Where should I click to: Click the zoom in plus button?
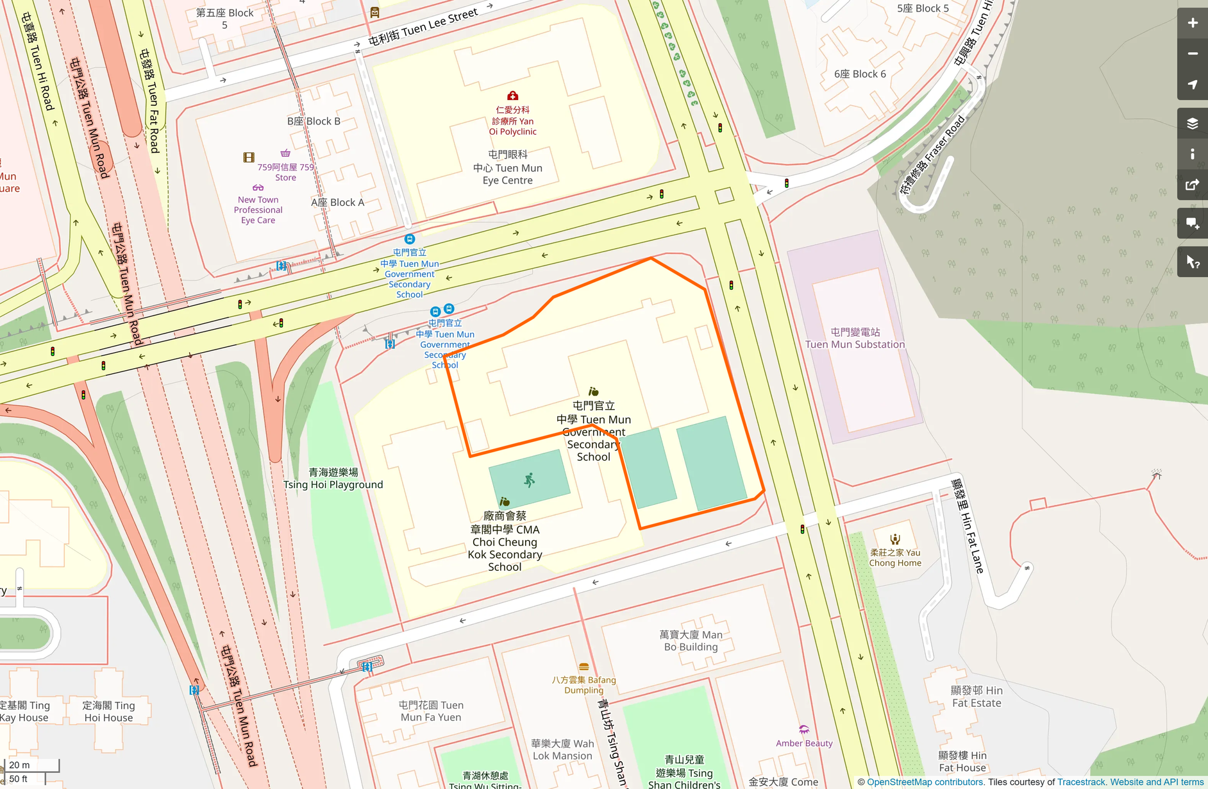(x=1192, y=23)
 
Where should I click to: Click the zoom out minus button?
(x=1192, y=54)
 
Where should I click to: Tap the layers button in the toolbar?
(x=1192, y=123)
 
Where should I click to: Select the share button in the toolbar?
(x=1192, y=185)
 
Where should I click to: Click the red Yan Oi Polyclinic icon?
(x=512, y=96)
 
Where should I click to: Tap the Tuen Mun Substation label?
(x=855, y=338)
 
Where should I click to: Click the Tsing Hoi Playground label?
(x=333, y=479)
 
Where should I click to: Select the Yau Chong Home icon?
(x=895, y=539)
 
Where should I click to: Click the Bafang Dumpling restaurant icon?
(x=583, y=667)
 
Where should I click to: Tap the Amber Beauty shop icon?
(x=804, y=730)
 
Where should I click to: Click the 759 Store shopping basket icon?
(x=285, y=153)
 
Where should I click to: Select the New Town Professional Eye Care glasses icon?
(x=258, y=188)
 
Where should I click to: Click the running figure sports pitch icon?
(x=529, y=480)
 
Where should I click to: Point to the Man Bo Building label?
(x=691, y=640)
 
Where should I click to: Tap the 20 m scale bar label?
(x=19, y=765)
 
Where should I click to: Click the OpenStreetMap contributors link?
(x=925, y=782)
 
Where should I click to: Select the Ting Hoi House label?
(x=108, y=711)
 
